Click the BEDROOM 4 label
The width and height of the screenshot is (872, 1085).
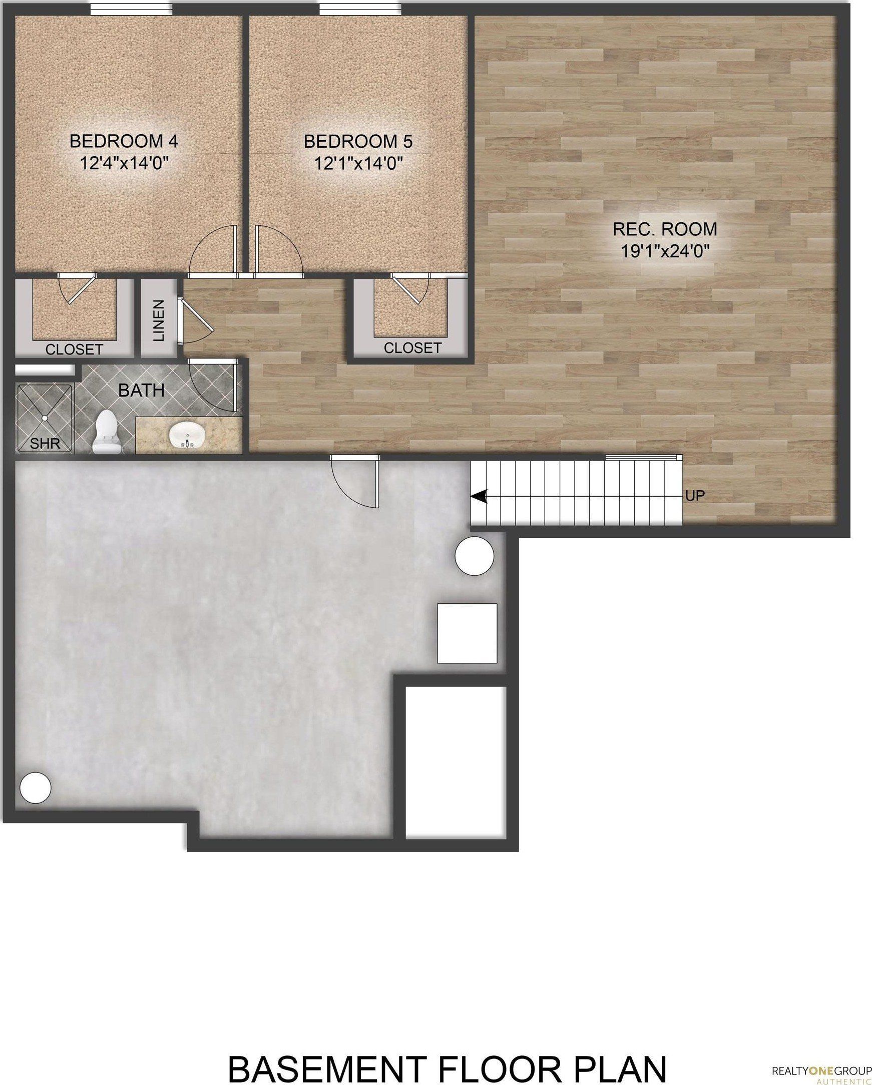tap(124, 141)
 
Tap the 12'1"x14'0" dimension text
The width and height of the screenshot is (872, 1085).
tap(358, 163)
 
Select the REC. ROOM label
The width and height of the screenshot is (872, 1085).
tap(664, 229)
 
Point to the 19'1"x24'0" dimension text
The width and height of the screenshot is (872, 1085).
tap(664, 251)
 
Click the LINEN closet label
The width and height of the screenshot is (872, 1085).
tap(159, 320)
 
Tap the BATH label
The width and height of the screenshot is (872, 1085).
tap(141, 390)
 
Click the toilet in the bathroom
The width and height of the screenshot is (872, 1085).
tap(106, 432)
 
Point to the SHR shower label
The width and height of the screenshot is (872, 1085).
tap(45, 443)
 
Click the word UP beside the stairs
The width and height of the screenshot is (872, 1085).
tap(695, 496)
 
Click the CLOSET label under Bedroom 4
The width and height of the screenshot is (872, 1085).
tap(74, 349)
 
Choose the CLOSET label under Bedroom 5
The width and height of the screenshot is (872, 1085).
tap(412, 347)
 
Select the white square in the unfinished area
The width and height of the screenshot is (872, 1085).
tap(467, 633)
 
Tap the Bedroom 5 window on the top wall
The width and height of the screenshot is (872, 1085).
tap(360, 9)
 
